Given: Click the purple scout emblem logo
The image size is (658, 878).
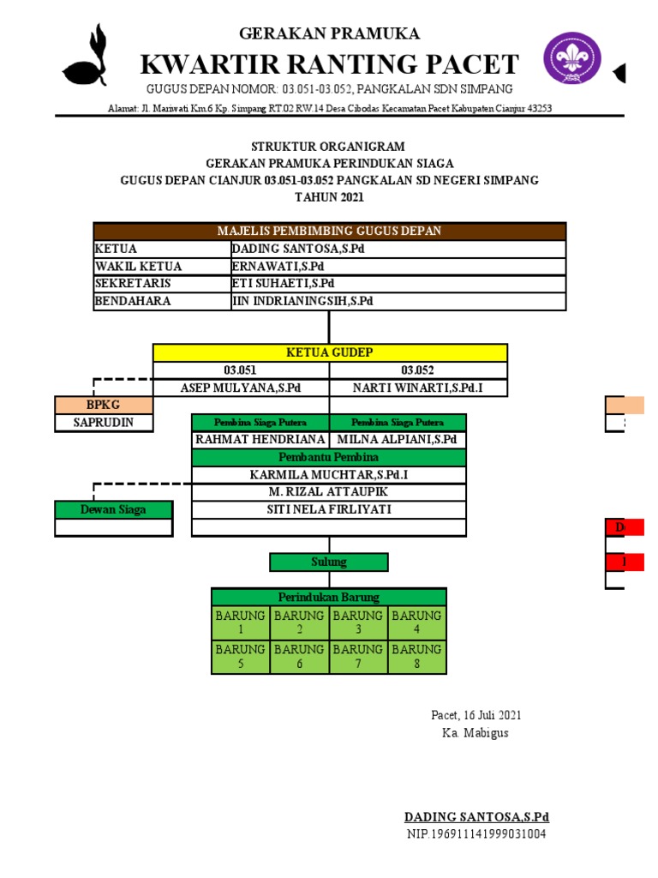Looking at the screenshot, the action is [572, 58].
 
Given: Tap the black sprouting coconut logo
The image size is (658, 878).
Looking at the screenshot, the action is [89, 57].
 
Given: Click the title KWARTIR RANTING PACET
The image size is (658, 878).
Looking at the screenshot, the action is [329, 64].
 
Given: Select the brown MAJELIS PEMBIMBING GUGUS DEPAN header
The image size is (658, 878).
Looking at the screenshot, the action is [329, 232].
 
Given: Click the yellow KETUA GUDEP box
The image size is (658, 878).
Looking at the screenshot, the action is [329, 352].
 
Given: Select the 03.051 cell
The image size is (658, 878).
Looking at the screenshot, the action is [241, 370].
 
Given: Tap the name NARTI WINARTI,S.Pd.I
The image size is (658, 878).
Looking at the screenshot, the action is [417, 388].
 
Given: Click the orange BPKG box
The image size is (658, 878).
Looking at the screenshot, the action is [104, 405].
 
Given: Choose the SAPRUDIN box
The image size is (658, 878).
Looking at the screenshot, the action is [104, 422].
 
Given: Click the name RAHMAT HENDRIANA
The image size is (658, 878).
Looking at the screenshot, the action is [260, 440].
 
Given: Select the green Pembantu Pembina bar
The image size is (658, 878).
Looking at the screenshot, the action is [329, 458].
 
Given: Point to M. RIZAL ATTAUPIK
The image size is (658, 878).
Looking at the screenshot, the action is [329, 492].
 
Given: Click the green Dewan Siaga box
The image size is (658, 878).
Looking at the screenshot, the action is [113, 509].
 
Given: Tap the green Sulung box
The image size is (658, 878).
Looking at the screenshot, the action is [329, 562].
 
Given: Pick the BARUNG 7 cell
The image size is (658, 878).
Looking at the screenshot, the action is [358, 656].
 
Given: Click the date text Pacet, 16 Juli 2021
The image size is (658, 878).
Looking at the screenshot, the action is [476, 715].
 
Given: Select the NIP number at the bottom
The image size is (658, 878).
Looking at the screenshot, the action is [476, 834].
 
